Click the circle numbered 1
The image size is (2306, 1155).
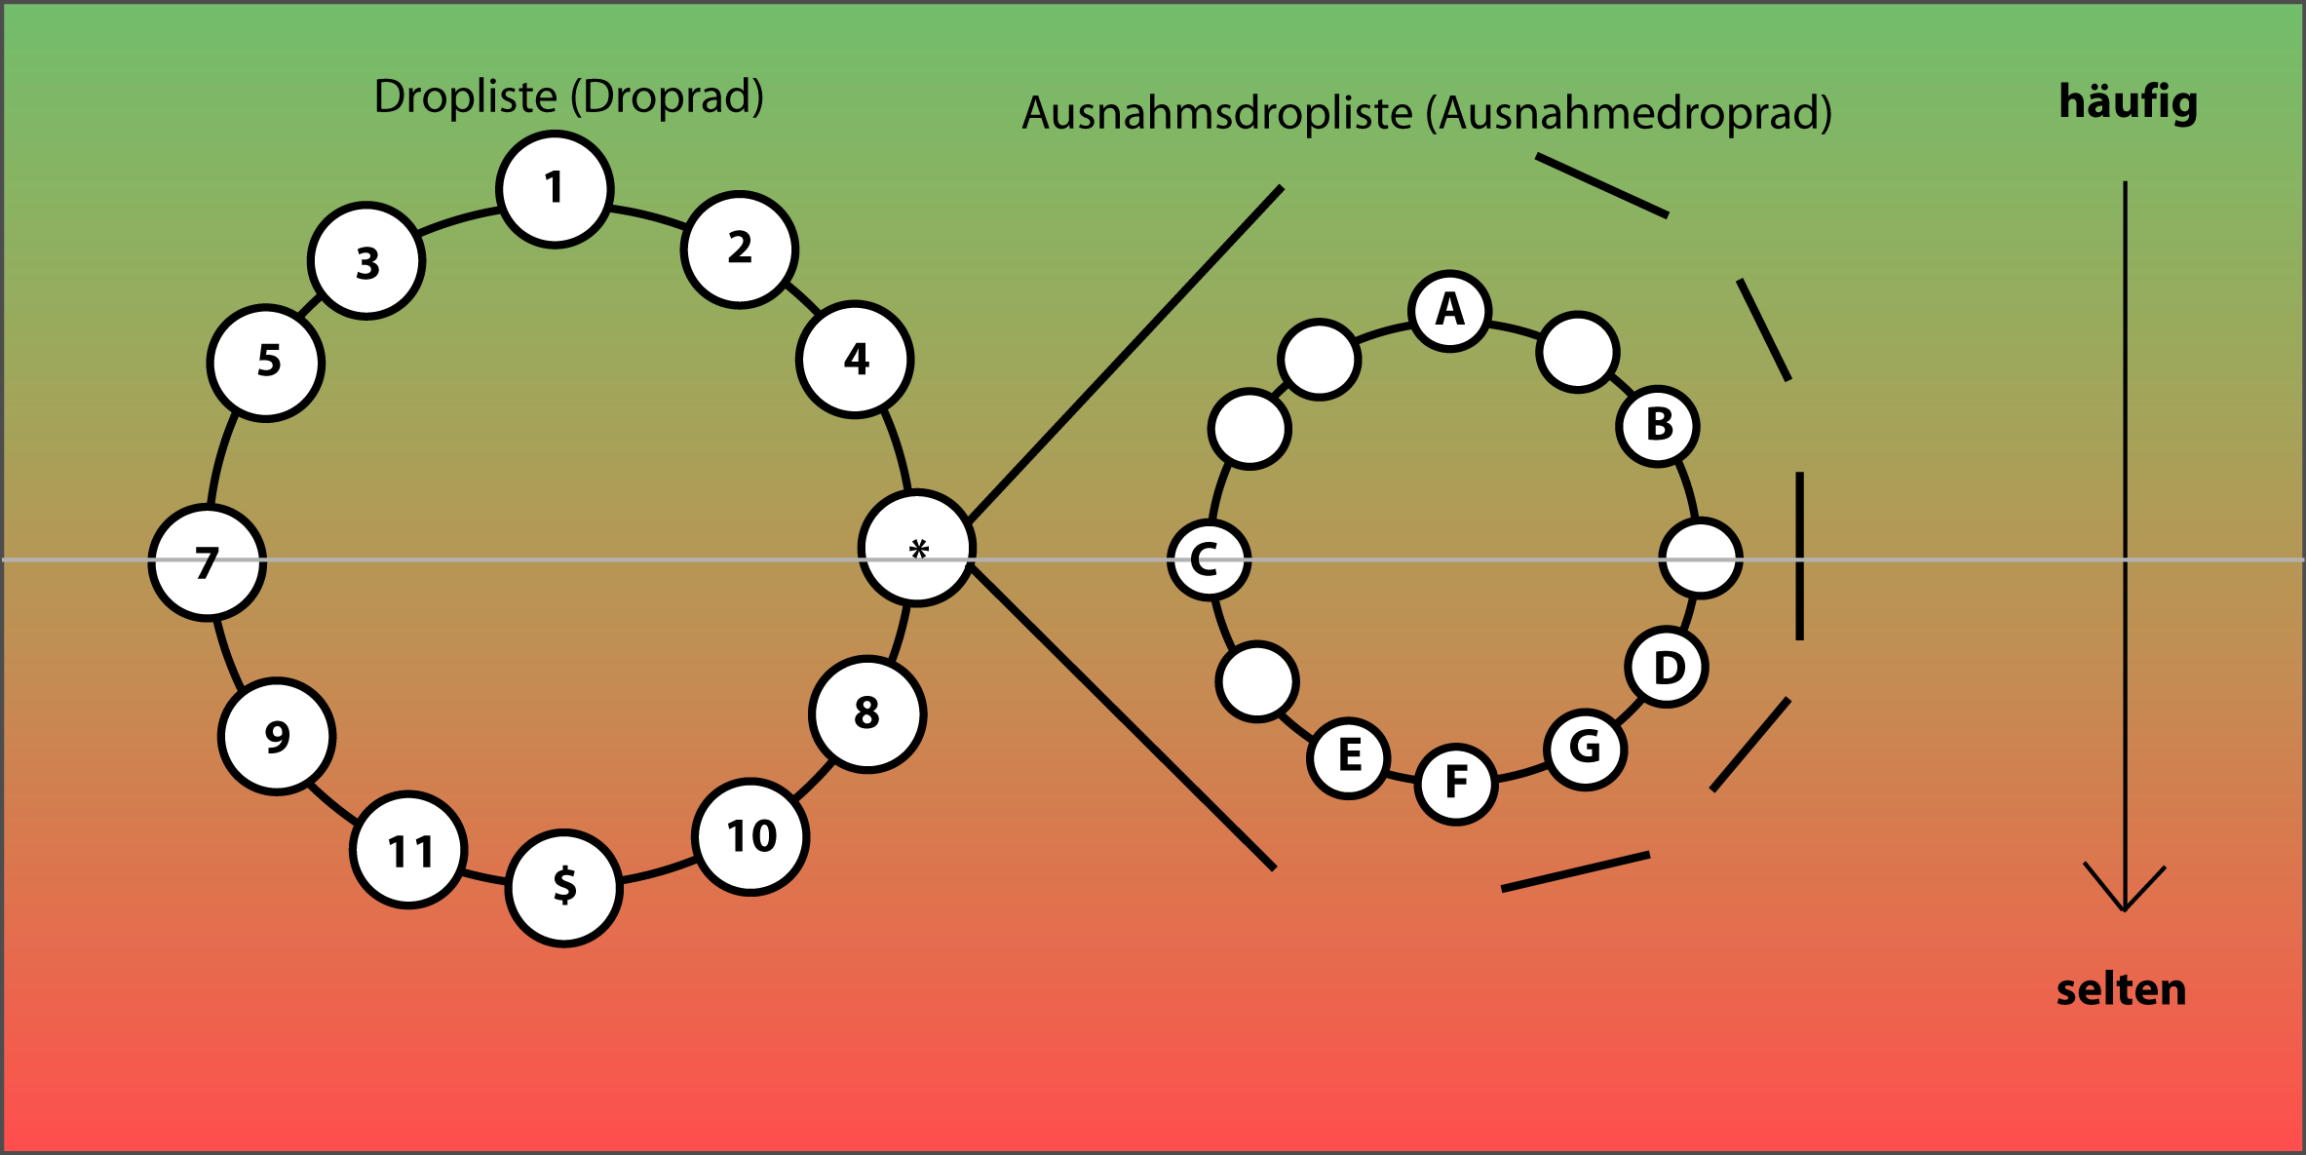click(x=555, y=189)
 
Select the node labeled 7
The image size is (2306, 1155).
click(x=208, y=562)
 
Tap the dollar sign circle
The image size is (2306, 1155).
click(x=564, y=887)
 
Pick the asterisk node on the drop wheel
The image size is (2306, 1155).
click(x=917, y=548)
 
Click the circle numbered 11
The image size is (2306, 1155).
click(x=408, y=850)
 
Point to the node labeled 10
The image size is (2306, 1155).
click(x=750, y=836)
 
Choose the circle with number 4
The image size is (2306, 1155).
click(x=855, y=359)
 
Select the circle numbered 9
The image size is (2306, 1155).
click(x=277, y=736)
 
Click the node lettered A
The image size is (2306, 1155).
click(x=1449, y=311)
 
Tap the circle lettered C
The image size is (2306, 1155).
click(x=1209, y=559)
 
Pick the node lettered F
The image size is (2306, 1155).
click(x=1456, y=783)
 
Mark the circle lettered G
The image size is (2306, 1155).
click(x=1585, y=749)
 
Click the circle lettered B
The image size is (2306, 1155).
click(x=1658, y=426)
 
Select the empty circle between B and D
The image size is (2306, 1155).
click(x=1701, y=558)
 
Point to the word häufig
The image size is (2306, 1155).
click(x=2128, y=102)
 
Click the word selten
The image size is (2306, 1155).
click(x=2121, y=990)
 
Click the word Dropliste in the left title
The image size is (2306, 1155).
click(x=465, y=96)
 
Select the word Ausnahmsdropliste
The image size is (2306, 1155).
click(x=1216, y=113)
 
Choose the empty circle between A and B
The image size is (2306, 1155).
click(x=1578, y=352)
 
